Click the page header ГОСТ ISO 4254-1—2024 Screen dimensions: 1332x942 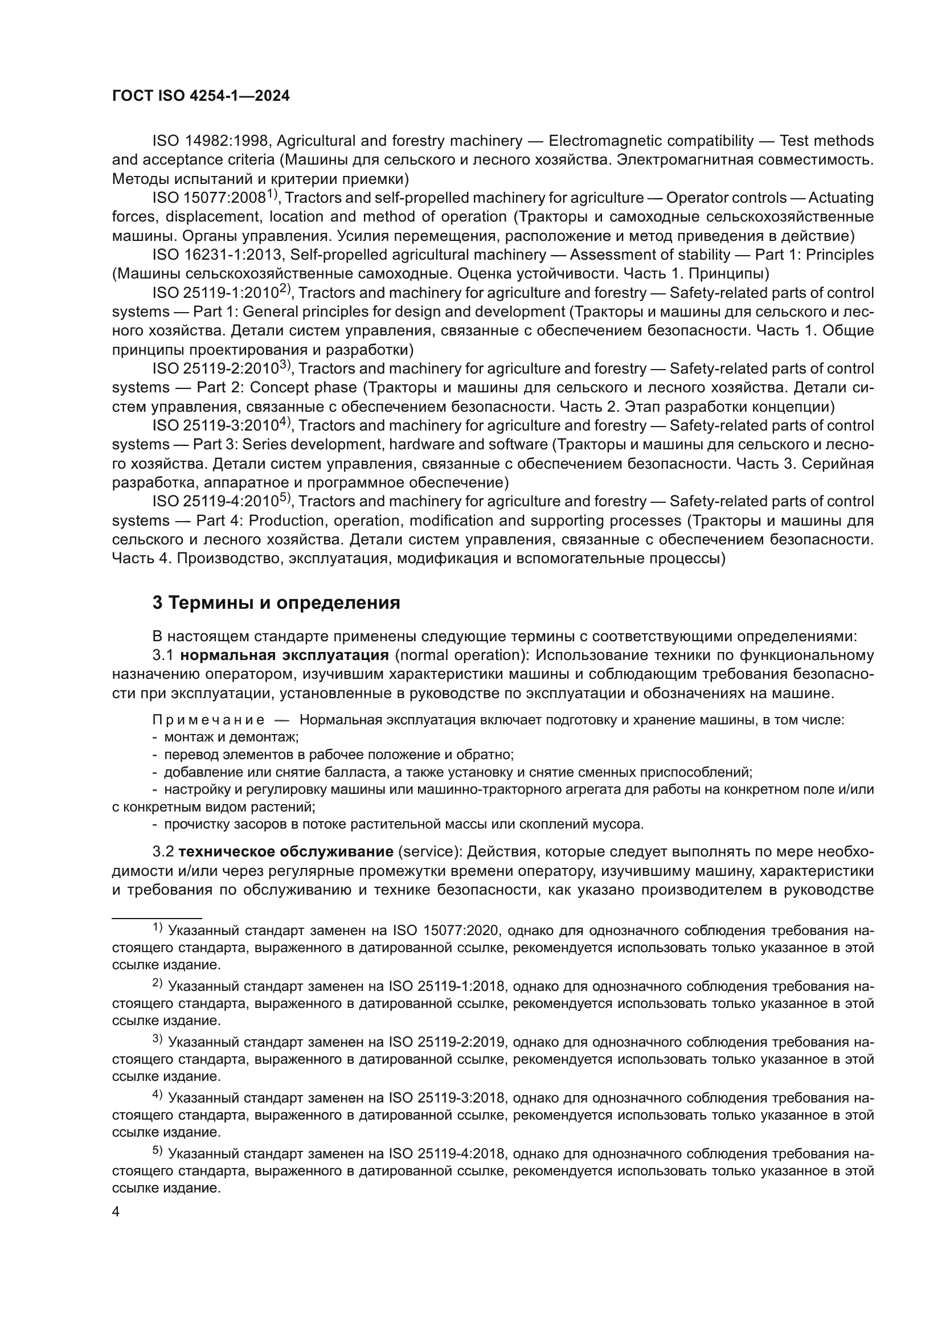(x=200, y=96)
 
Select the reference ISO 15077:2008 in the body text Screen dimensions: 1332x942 (x=209, y=198)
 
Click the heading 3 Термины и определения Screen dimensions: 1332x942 (x=276, y=603)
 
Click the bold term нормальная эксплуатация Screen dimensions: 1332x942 (x=284, y=655)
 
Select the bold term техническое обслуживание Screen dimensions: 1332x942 (x=286, y=851)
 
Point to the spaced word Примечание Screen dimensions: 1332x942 (x=209, y=720)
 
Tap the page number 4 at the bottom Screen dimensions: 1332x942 (x=116, y=1211)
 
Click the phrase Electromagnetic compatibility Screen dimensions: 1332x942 (x=651, y=141)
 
